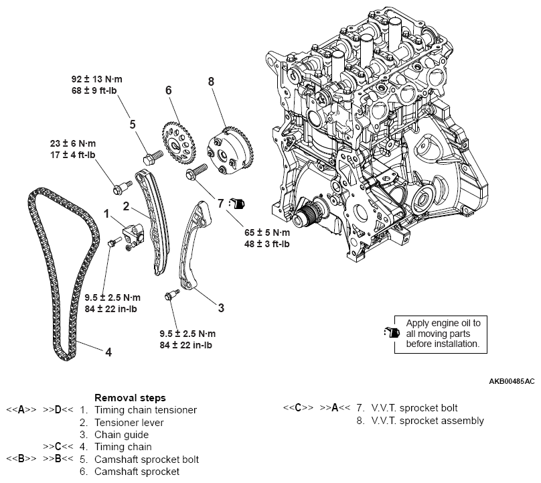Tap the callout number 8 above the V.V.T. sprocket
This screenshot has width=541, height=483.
pyautogui.click(x=211, y=82)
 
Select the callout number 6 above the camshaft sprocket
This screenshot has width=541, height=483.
pyautogui.click(x=169, y=90)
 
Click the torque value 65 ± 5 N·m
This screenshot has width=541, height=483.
pyautogui.click(x=266, y=232)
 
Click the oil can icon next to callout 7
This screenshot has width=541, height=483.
pyautogui.click(x=238, y=202)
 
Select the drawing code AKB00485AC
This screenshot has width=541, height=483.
pyautogui.click(x=512, y=381)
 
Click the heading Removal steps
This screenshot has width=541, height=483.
pyautogui.click(x=130, y=397)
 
